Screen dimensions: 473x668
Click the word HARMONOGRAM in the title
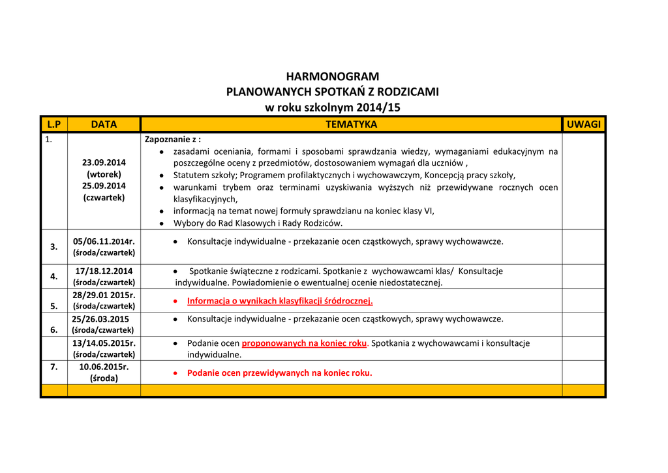(332, 76)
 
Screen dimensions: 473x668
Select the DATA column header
(104, 124)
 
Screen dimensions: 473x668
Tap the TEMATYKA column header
(351, 124)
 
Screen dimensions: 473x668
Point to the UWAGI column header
(583, 124)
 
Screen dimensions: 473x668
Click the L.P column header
(53, 124)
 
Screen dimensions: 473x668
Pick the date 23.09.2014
(104, 162)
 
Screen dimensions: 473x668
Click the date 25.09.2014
(104, 186)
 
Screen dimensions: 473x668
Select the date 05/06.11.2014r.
(104, 241)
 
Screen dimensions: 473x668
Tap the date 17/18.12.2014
(104, 271)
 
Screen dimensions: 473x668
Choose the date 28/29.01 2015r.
(104, 295)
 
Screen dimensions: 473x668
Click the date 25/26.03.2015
(100, 319)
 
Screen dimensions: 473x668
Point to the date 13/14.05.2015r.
(104, 343)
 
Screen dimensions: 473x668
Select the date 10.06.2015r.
(104, 367)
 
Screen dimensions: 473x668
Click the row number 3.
(54, 247)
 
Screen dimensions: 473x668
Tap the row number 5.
(54, 305)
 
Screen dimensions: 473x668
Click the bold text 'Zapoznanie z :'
(173, 139)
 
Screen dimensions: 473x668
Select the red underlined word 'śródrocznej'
(348, 301)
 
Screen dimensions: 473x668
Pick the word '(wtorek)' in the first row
(104, 174)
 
